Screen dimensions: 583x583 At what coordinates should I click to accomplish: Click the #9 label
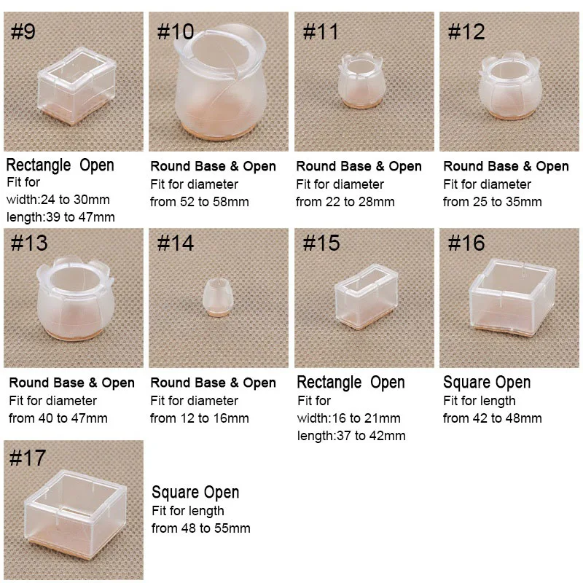pyautogui.click(x=24, y=33)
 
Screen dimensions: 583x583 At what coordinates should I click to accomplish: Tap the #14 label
pyautogui.click(x=176, y=244)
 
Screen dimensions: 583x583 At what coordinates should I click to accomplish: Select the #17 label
pyautogui.click(x=28, y=458)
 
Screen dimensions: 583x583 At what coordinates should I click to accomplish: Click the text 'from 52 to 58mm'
pyautogui.click(x=199, y=202)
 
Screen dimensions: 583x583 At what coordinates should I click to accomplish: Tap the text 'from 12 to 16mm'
pyautogui.click(x=199, y=418)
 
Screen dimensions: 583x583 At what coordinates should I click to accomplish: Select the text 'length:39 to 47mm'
pyautogui.click(x=60, y=217)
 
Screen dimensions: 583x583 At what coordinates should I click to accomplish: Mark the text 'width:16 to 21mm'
pyautogui.click(x=348, y=418)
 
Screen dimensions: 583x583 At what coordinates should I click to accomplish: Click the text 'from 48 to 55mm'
pyautogui.click(x=200, y=528)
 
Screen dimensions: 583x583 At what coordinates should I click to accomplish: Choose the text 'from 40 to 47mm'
pyautogui.click(x=58, y=418)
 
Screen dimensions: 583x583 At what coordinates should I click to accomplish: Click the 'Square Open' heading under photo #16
pyautogui.click(x=487, y=383)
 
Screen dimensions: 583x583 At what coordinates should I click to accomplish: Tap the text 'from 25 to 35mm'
pyautogui.click(x=492, y=202)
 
